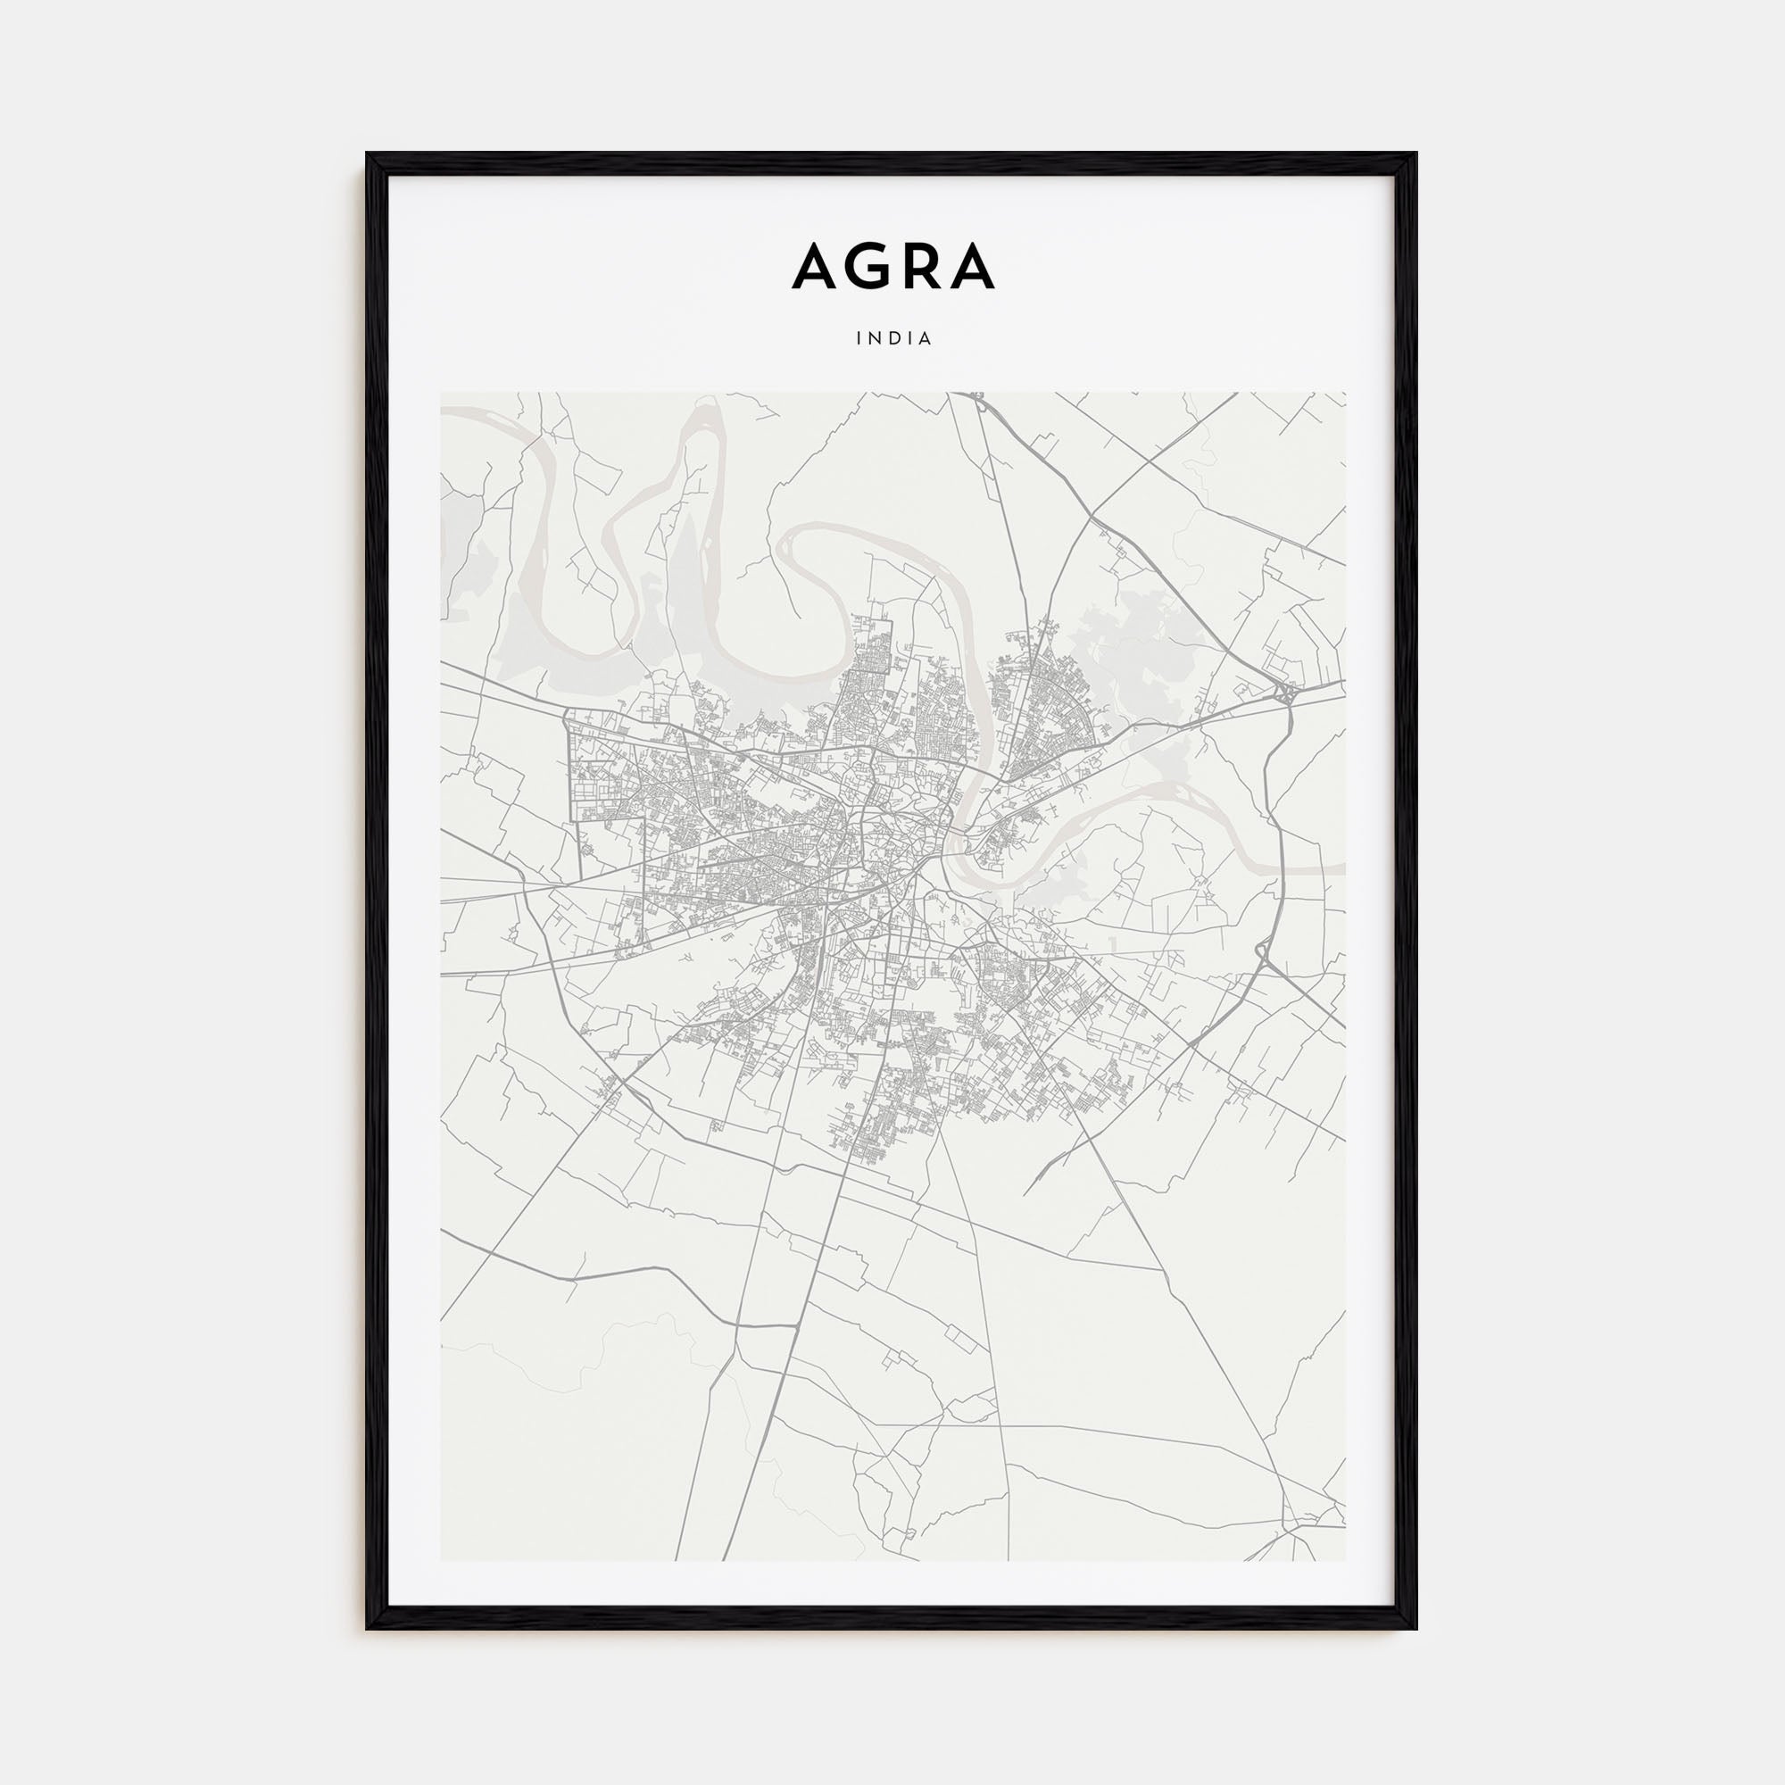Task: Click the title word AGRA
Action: [892, 266]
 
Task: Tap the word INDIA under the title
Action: [893, 339]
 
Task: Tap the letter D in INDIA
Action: [894, 339]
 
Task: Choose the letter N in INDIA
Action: [876, 339]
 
